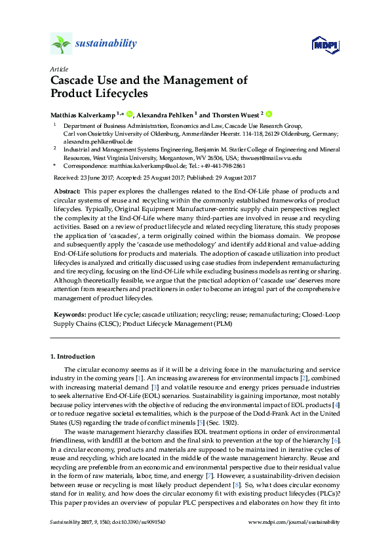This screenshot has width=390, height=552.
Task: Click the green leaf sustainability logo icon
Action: click(61, 44)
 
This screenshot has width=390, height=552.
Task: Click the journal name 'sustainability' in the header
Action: click(106, 44)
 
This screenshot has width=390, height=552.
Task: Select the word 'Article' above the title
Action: click(57, 69)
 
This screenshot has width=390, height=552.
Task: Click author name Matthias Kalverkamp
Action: click(83, 113)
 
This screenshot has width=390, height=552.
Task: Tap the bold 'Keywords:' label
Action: click(69, 315)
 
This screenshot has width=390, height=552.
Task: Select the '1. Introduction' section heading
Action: click(72, 357)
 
